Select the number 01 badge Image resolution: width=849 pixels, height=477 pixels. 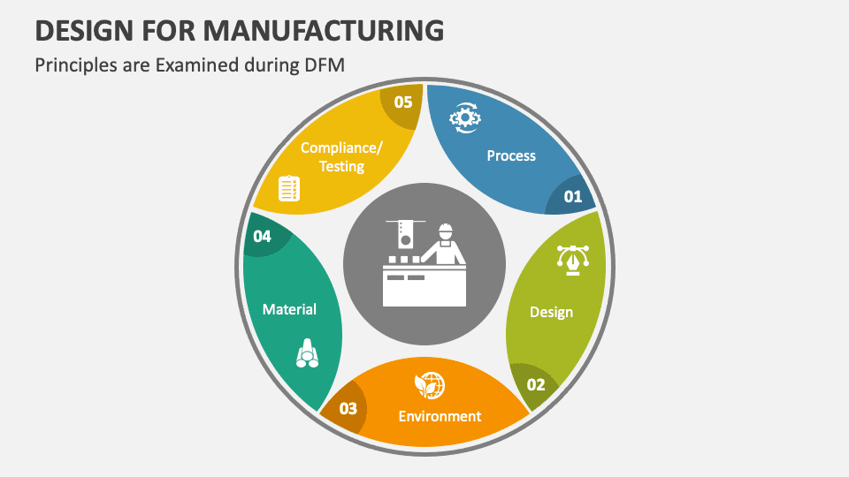tap(573, 196)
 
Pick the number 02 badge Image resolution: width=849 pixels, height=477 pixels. tap(536, 384)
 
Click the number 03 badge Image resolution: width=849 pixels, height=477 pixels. tap(348, 408)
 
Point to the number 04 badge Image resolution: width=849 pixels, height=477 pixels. tap(262, 236)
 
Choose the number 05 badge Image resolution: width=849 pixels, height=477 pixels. tap(403, 102)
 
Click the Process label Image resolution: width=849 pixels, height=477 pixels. tap(511, 155)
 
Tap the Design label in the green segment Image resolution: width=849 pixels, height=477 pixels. tap(551, 312)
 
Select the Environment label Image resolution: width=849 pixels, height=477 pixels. tap(440, 416)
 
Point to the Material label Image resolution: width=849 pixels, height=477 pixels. tap(289, 309)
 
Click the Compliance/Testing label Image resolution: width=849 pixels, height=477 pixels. tap(341, 156)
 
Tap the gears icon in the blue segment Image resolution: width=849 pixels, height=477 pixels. tap(464, 117)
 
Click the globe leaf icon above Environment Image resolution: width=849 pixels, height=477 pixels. tap(430, 385)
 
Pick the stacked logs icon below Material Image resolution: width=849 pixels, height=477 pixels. tap(307, 353)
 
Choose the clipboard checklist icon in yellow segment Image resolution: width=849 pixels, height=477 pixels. tap(289, 188)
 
